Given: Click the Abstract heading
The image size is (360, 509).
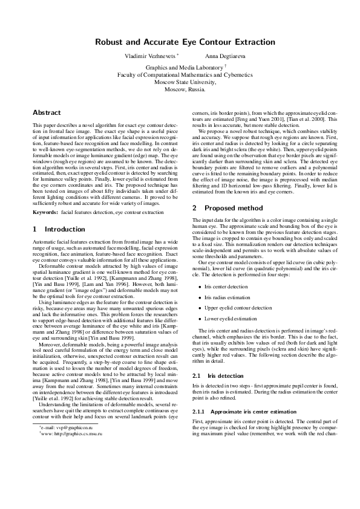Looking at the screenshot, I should tap(47, 112).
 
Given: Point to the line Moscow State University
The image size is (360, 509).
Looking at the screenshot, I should tap(180, 82).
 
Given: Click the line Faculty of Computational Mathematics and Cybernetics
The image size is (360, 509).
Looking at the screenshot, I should tap(180, 76).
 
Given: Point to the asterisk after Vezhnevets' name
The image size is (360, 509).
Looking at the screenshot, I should tap(178, 54).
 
